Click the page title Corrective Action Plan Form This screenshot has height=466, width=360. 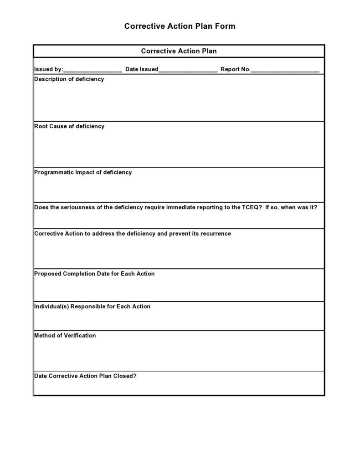[180, 26]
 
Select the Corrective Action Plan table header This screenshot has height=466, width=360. [179, 51]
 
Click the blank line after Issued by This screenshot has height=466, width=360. [93, 70]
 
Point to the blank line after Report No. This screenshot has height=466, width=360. [285, 70]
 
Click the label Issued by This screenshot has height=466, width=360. [48, 69]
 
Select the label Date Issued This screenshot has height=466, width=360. [142, 69]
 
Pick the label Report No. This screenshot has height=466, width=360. [235, 69]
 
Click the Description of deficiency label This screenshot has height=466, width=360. [69, 79]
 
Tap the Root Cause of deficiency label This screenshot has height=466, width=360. [69, 126]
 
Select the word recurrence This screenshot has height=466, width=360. [215, 233]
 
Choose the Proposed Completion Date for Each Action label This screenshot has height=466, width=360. [94, 274]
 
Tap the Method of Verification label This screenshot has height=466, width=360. [65, 336]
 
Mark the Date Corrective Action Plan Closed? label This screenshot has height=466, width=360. [86, 376]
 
